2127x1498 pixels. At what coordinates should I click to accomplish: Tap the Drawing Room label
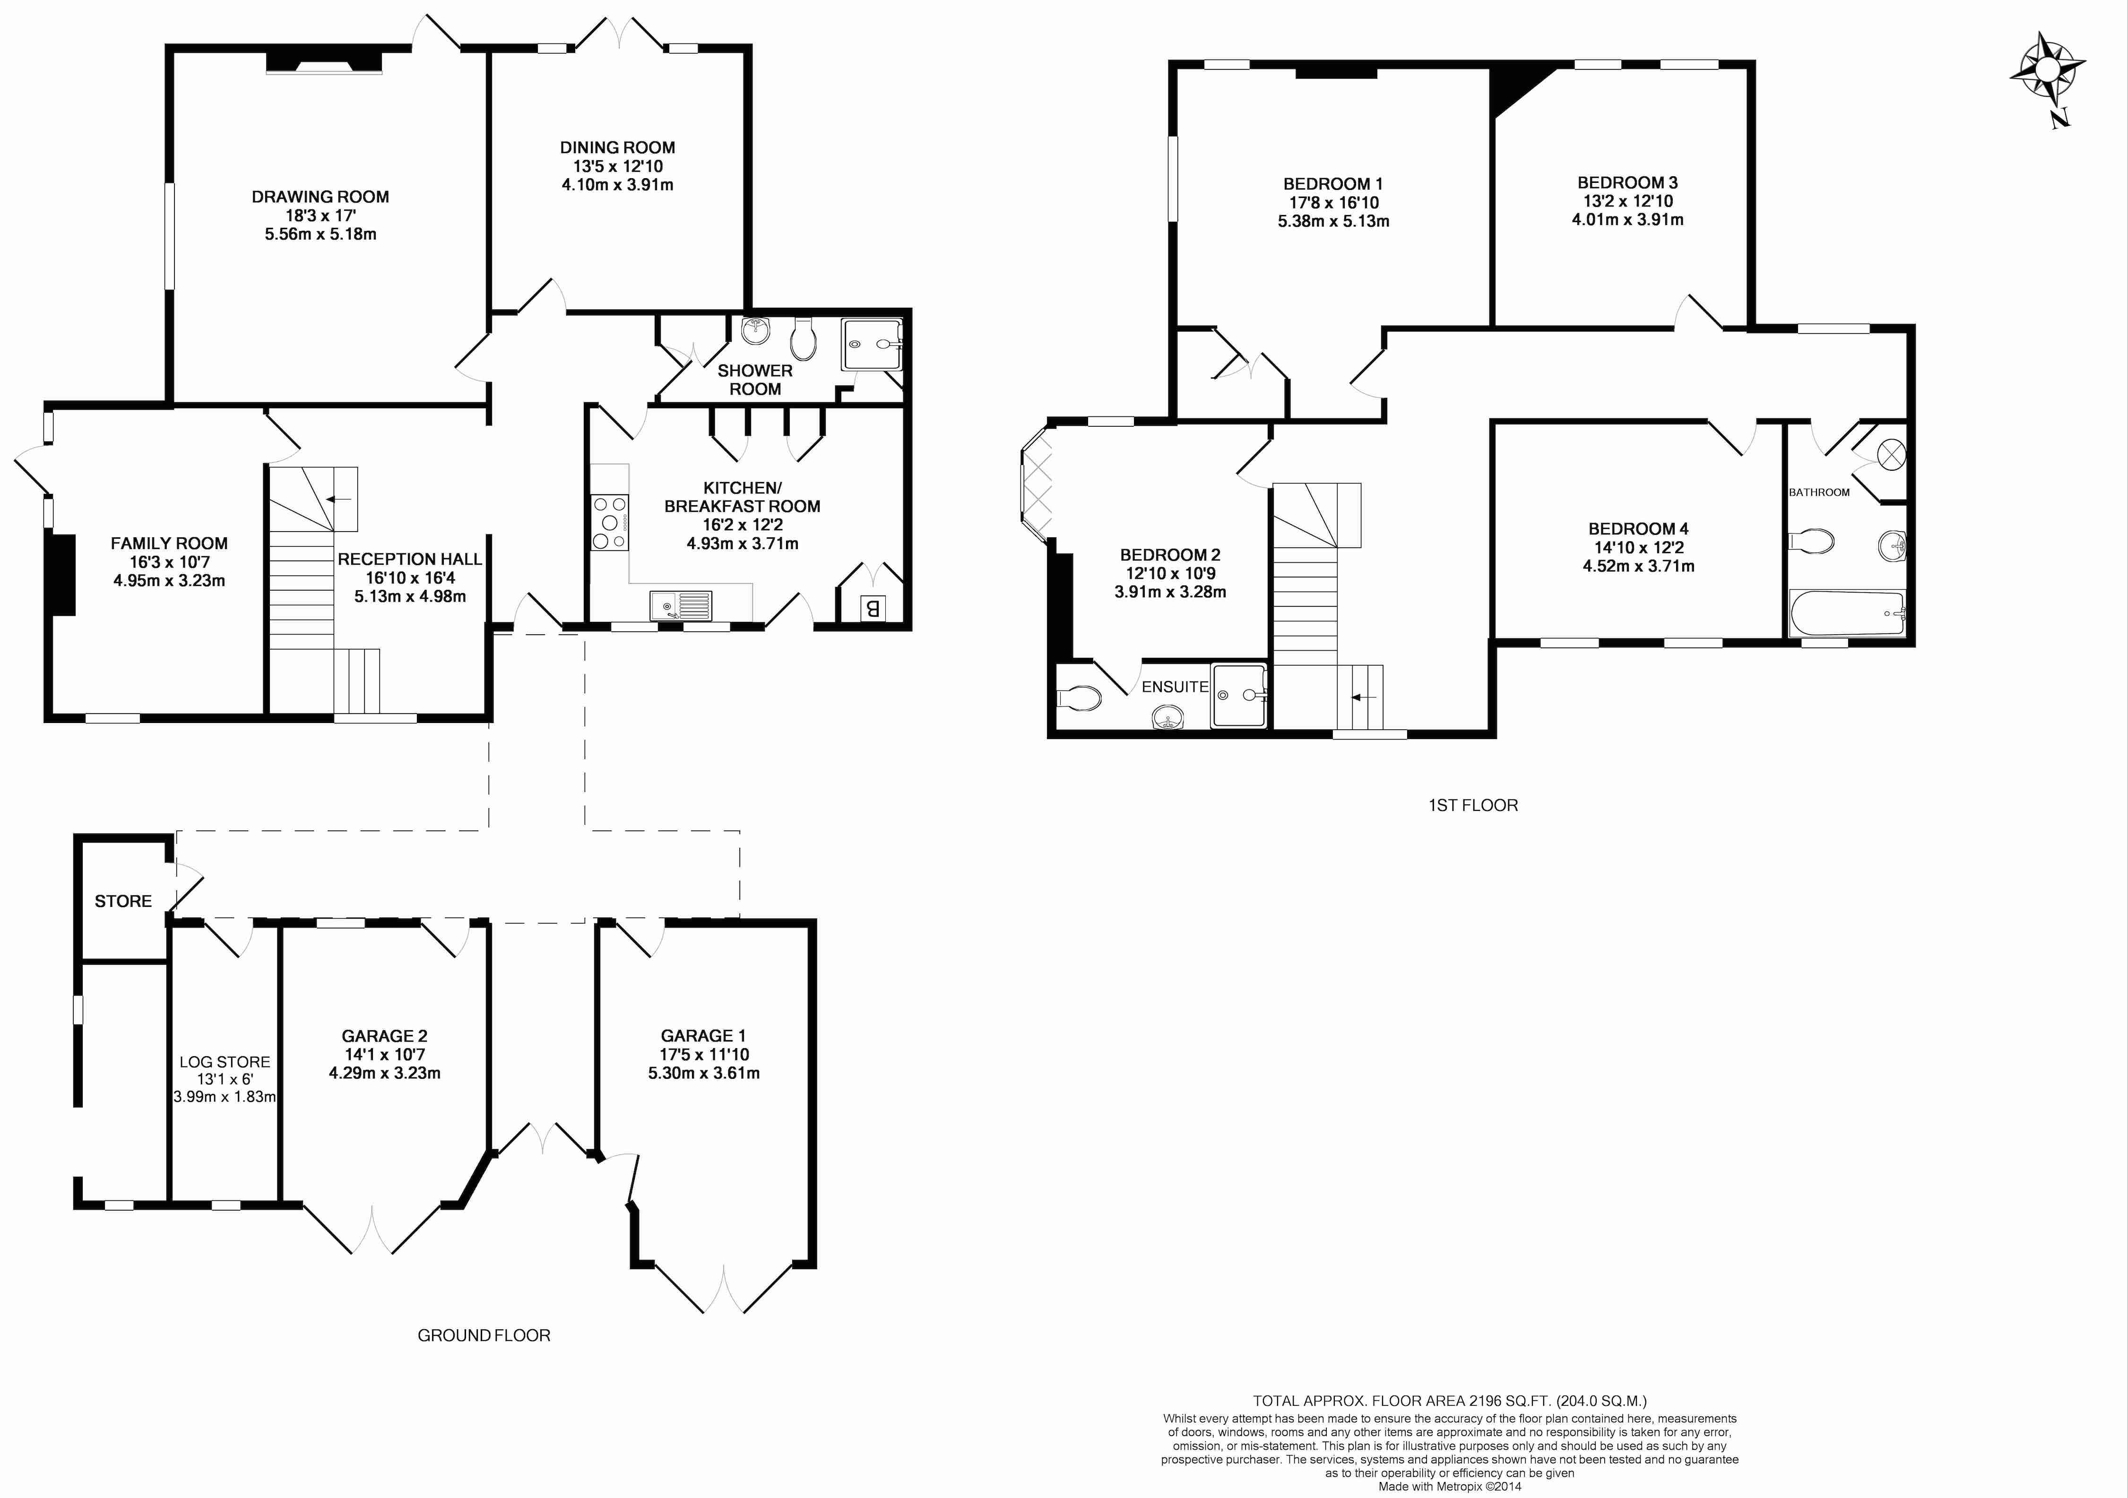click(x=320, y=197)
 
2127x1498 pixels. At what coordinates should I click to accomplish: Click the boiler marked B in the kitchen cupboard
click(x=872, y=609)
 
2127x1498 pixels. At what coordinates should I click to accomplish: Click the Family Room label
click(x=170, y=544)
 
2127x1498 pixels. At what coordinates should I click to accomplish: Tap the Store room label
click(x=123, y=901)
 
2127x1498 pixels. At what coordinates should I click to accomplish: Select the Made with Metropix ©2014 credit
click(x=1450, y=1487)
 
